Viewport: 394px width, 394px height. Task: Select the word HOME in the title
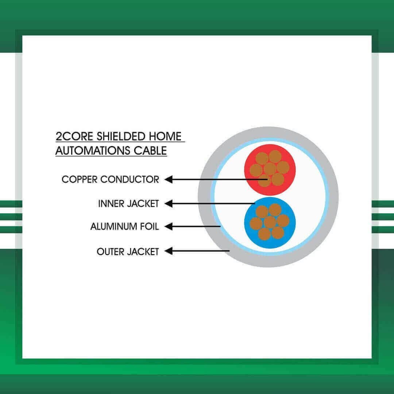[x=165, y=136]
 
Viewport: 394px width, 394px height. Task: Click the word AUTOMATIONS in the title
[x=93, y=151]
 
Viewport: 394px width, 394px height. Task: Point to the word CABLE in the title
[x=150, y=151]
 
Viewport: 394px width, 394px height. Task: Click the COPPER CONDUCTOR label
[x=110, y=179]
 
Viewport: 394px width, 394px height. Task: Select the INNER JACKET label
[x=128, y=204]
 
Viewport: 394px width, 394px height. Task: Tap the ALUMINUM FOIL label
[x=125, y=227]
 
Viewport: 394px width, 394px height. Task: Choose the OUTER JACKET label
[x=128, y=251]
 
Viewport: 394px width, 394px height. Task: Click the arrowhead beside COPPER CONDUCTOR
[x=168, y=179]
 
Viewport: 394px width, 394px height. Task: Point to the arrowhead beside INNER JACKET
[x=168, y=204]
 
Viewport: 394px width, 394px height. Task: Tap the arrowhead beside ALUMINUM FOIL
[x=168, y=227]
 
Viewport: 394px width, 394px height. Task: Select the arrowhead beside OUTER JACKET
[x=168, y=251]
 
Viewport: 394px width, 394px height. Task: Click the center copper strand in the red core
[x=270, y=169]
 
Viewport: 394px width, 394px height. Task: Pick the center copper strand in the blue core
[x=270, y=222]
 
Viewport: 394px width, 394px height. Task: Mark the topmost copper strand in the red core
[x=275, y=156]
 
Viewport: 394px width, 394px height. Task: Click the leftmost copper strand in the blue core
[x=256, y=224]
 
